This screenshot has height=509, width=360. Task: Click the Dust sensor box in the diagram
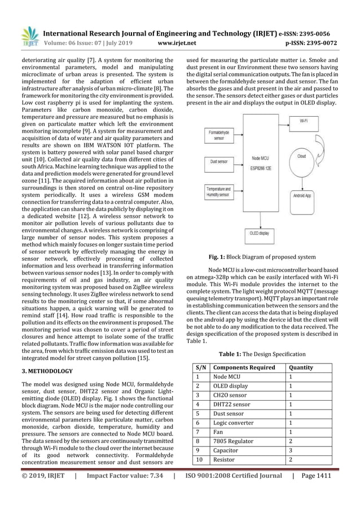click(219, 161)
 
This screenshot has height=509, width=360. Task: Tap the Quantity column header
click(300, 367)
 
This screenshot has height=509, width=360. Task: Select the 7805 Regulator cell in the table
click(234, 441)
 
